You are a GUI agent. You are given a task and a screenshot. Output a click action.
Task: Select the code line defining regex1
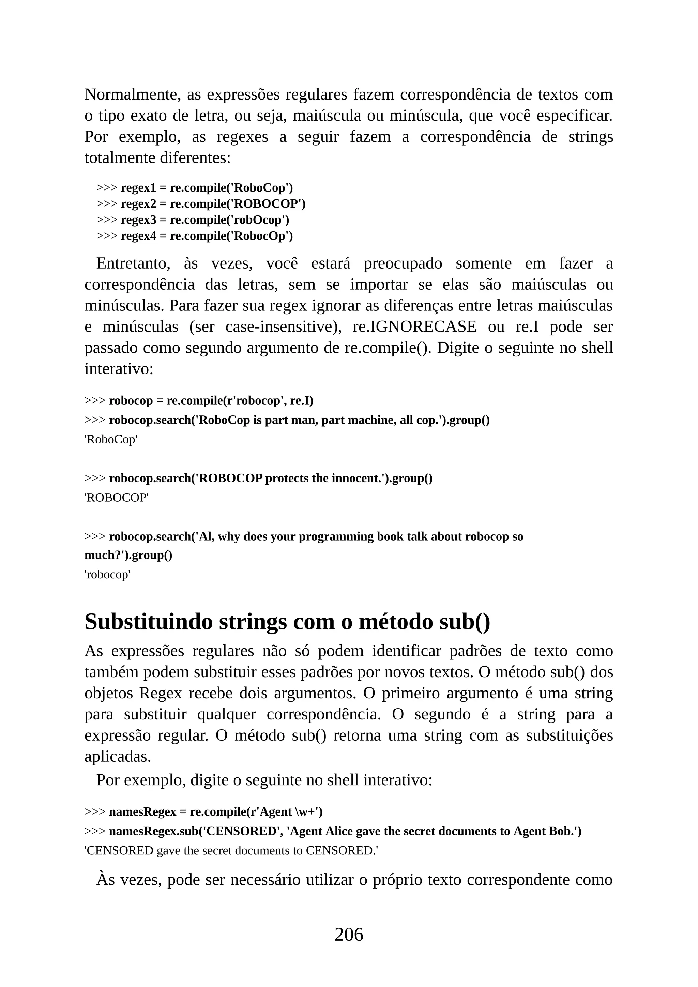[194, 188]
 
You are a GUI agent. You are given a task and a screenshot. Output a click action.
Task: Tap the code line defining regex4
[194, 236]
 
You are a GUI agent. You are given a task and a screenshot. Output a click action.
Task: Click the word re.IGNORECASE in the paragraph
[414, 327]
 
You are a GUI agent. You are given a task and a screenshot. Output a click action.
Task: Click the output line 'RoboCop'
[111, 440]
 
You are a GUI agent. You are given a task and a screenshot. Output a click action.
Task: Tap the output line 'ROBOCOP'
[117, 498]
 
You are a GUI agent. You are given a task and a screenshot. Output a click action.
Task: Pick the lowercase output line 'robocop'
[107, 575]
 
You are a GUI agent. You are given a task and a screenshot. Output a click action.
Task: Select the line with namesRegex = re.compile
[203, 811]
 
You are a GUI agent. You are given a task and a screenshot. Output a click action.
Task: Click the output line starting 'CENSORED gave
[231, 851]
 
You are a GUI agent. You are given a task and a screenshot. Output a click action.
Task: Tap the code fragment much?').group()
[128, 556]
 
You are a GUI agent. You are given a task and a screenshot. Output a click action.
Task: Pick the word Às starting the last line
[106, 880]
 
